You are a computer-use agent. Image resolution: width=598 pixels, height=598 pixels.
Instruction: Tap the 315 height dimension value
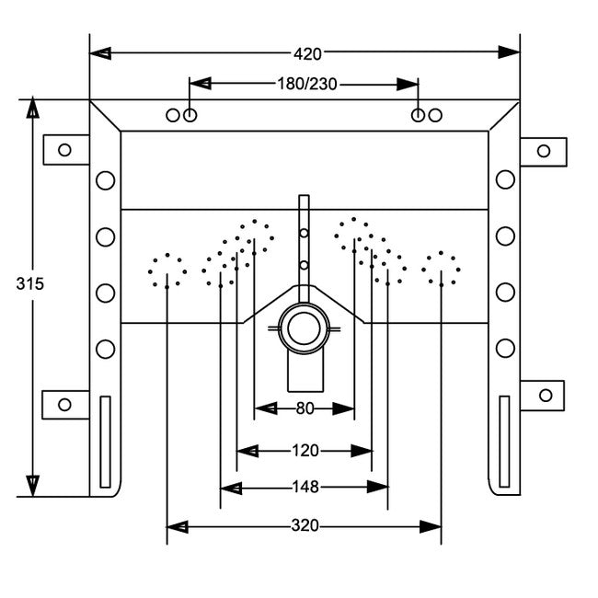29,283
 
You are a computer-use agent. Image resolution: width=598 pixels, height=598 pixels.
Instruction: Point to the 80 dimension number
305,408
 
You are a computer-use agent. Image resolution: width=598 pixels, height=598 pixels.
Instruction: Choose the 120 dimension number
305,451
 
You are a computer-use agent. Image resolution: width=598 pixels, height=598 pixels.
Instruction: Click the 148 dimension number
305,488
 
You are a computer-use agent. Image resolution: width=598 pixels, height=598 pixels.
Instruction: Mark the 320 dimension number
305,526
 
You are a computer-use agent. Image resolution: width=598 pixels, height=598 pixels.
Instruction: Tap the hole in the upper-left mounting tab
64,149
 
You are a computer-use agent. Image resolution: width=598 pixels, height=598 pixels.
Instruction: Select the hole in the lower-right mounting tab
546,395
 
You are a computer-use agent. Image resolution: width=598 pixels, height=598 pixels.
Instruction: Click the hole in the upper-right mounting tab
544,151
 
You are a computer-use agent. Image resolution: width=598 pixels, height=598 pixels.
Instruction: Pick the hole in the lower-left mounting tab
64,404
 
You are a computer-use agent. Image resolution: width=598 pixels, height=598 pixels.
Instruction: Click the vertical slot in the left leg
105,441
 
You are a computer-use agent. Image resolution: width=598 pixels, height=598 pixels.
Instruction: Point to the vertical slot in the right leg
503,441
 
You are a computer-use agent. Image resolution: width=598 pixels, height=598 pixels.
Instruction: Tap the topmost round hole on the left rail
106,180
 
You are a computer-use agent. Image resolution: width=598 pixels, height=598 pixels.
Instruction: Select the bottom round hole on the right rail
505,348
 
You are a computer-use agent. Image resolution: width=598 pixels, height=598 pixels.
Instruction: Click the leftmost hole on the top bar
173,115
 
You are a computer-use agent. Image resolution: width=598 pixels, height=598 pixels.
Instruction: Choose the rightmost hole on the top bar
435,115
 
